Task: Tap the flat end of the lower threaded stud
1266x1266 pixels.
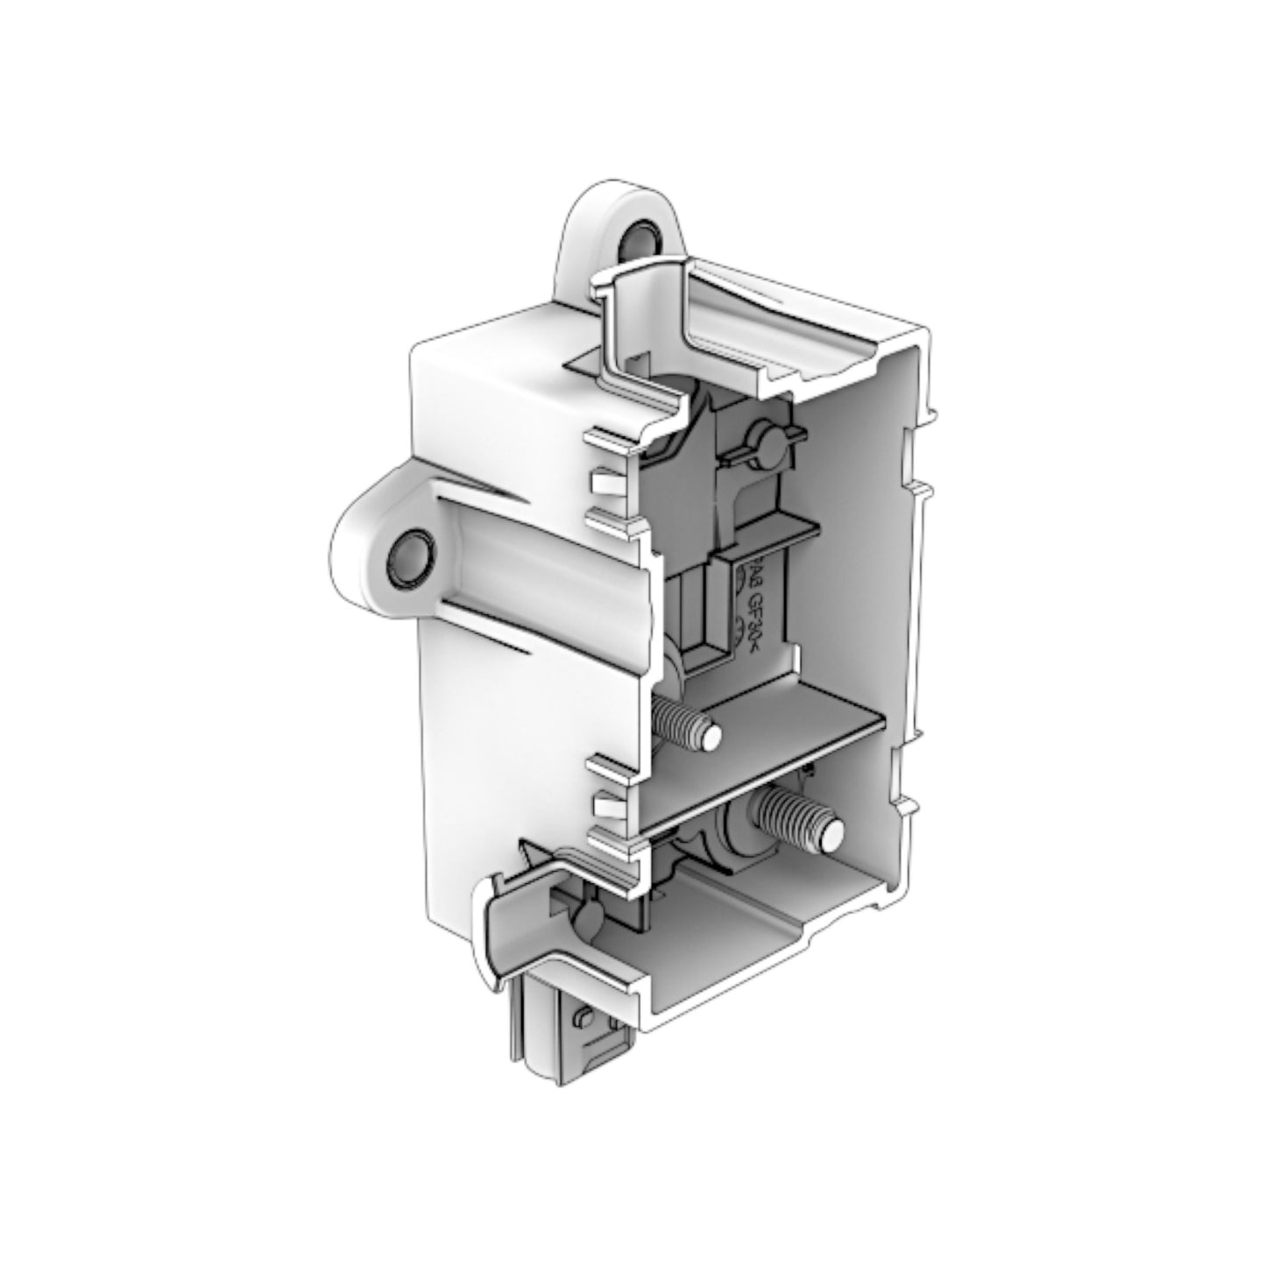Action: [832, 831]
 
